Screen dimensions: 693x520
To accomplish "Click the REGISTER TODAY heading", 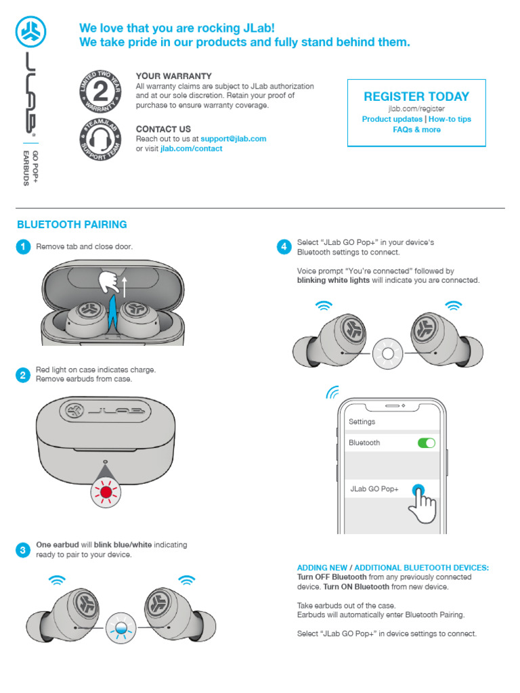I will tap(416, 96).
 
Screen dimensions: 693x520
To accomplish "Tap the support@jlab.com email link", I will tap(234, 139).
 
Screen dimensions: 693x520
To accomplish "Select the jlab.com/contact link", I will tap(191, 149).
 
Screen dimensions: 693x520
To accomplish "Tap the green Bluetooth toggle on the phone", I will tap(427, 443).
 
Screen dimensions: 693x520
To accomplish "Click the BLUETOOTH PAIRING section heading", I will tap(72, 225).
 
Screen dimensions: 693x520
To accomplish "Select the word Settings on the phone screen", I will tap(362, 422).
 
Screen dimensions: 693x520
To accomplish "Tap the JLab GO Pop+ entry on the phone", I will tap(374, 489).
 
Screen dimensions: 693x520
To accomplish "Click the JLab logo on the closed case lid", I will tap(105, 411).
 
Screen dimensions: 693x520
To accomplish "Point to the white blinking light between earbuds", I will tap(388, 353).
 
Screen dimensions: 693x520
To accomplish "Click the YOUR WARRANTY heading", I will tap(173, 76).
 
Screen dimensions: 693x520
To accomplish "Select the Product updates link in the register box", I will tap(392, 119).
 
